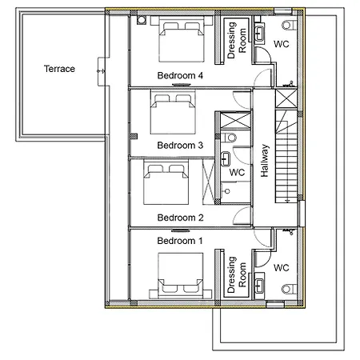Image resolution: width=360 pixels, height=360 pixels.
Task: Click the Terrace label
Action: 59,69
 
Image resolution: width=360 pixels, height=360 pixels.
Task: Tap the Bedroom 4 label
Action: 180,75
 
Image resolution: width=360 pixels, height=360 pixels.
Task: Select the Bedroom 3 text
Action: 180,146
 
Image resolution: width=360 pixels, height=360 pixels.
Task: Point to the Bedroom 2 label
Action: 180,218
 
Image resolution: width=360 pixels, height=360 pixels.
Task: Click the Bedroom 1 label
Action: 180,241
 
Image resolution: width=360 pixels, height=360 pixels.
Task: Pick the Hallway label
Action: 264,161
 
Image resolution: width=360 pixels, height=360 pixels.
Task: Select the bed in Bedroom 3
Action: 173,112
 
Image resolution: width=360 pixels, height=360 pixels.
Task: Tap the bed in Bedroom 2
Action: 166,182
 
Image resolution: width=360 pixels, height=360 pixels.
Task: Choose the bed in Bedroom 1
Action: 180,276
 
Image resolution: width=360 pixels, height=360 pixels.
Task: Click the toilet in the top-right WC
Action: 290,26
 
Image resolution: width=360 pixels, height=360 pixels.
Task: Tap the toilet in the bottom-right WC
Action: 290,289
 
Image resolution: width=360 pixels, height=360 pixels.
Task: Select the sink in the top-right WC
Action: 259,34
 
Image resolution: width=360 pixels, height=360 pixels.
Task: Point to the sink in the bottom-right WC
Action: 259,286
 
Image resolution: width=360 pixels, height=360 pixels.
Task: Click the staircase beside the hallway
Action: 286,156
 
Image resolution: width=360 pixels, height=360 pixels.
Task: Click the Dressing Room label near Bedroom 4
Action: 237,40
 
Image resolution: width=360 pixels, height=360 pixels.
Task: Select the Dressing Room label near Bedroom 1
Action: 237,274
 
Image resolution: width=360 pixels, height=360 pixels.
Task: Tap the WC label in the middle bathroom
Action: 237,172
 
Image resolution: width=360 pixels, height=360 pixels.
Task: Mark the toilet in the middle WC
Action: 229,138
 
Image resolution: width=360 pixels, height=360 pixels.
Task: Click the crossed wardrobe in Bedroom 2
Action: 208,182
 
